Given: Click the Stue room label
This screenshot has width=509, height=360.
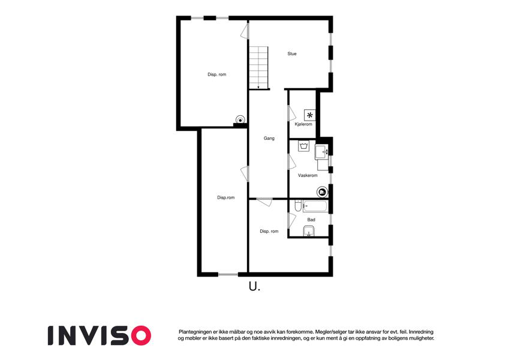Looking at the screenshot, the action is (x=292, y=53).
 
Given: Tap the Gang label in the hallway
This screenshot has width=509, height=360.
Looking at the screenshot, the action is (x=269, y=139).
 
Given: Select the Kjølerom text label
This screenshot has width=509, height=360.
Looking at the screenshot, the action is (x=303, y=124).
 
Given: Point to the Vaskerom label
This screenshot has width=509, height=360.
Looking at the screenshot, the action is (x=308, y=175).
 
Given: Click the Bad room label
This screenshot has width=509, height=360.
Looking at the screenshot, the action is (x=311, y=220).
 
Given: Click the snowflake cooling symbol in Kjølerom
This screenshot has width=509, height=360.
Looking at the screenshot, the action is (x=310, y=115).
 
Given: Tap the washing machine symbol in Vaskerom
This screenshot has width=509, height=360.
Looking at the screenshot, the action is (x=303, y=146).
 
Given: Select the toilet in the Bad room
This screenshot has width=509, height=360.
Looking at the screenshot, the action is (x=298, y=206).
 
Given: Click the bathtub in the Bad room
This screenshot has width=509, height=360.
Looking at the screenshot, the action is (x=315, y=206).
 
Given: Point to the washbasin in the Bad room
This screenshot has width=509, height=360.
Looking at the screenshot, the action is (x=309, y=232).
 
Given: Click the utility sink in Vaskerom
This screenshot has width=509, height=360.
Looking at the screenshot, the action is (x=322, y=152).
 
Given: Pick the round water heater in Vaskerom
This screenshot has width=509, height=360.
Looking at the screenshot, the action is (x=322, y=193).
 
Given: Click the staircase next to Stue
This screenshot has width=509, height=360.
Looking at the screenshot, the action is (x=259, y=67).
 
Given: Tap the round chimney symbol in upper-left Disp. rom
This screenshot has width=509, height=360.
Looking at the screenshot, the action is (x=240, y=120).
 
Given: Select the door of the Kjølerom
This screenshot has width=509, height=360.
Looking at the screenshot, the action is (x=291, y=113).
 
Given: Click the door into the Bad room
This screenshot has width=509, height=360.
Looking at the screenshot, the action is (x=291, y=220).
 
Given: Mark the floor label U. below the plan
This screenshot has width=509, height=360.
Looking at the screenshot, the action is (x=254, y=287).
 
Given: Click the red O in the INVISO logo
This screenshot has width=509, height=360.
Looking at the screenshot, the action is (x=140, y=335).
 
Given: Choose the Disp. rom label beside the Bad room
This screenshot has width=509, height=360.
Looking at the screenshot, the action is (x=269, y=232).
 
